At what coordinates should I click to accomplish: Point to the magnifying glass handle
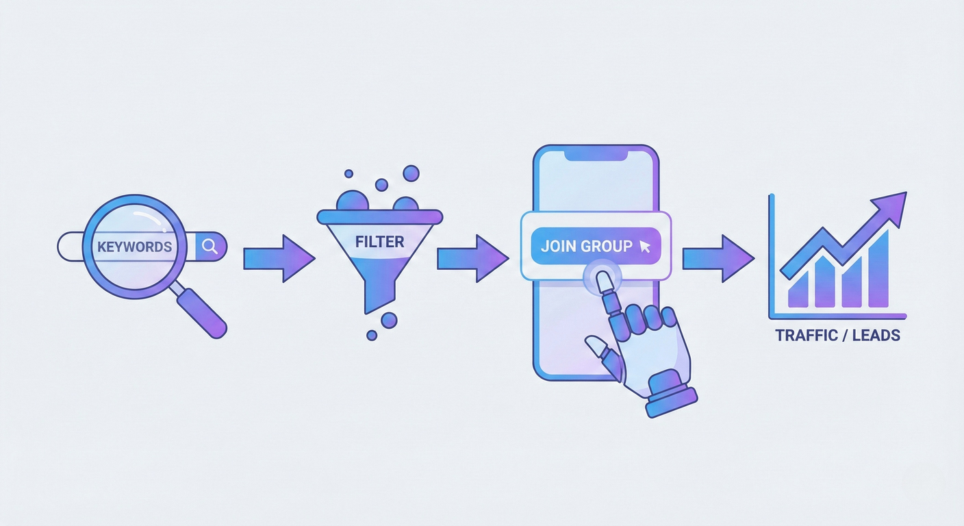[202, 311]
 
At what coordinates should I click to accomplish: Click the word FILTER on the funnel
[379, 242]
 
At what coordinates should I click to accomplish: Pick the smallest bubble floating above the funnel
[348, 174]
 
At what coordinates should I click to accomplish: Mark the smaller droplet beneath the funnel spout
[372, 335]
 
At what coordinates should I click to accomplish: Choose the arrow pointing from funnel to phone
[472, 258]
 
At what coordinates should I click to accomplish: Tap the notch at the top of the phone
[596, 156]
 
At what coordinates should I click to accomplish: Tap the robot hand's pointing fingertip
[602, 280]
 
